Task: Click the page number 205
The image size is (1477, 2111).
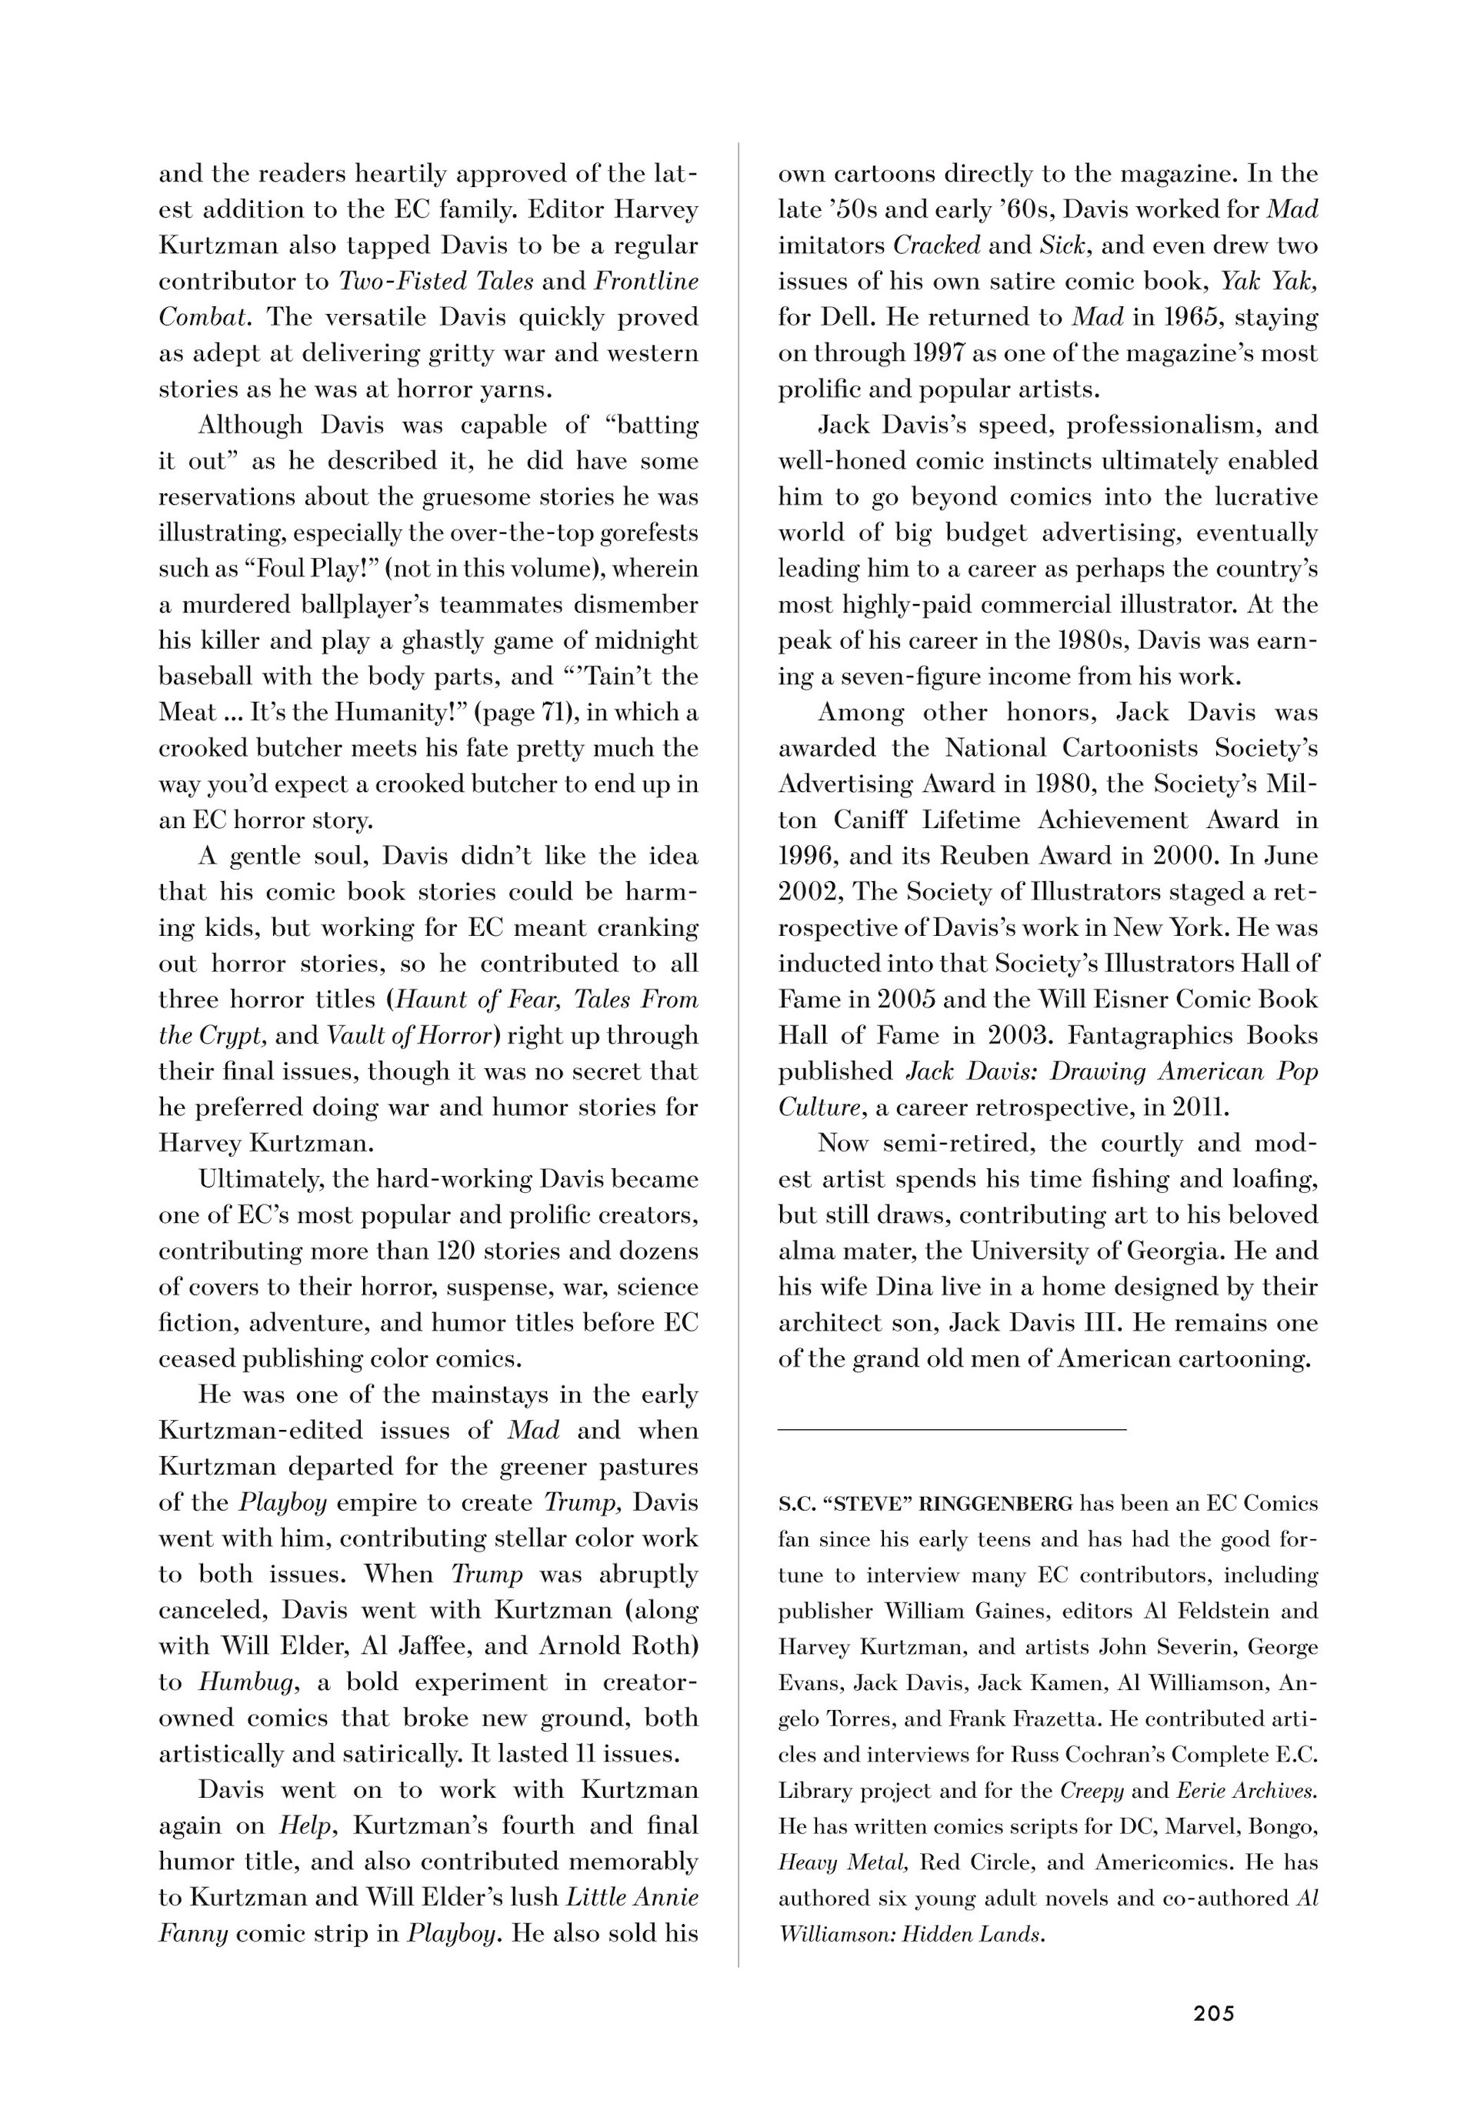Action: pyautogui.click(x=1213, y=2013)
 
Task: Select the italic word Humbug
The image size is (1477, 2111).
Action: pyautogui.click(x=246, y=1682)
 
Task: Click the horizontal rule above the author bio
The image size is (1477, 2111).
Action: pyautogui.click(x=952, y=1430)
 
